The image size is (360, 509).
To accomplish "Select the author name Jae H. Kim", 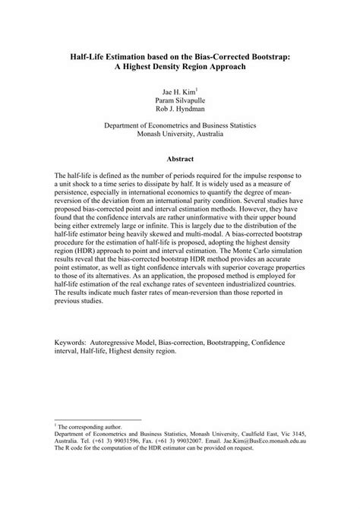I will click(x=178, y=91).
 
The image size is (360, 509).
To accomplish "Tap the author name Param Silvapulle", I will click(x=180, y=100).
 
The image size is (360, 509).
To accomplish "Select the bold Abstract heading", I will click(x=180, y=159).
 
